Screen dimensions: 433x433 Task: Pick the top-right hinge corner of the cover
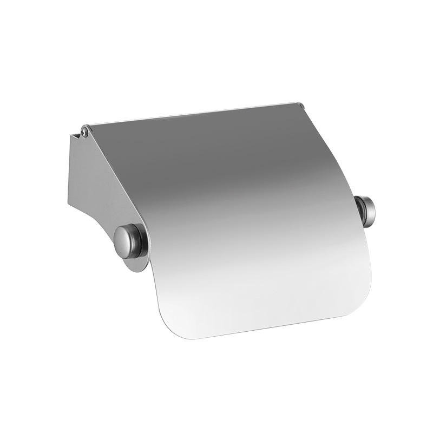pyautogui.click(x=299, y=103)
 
